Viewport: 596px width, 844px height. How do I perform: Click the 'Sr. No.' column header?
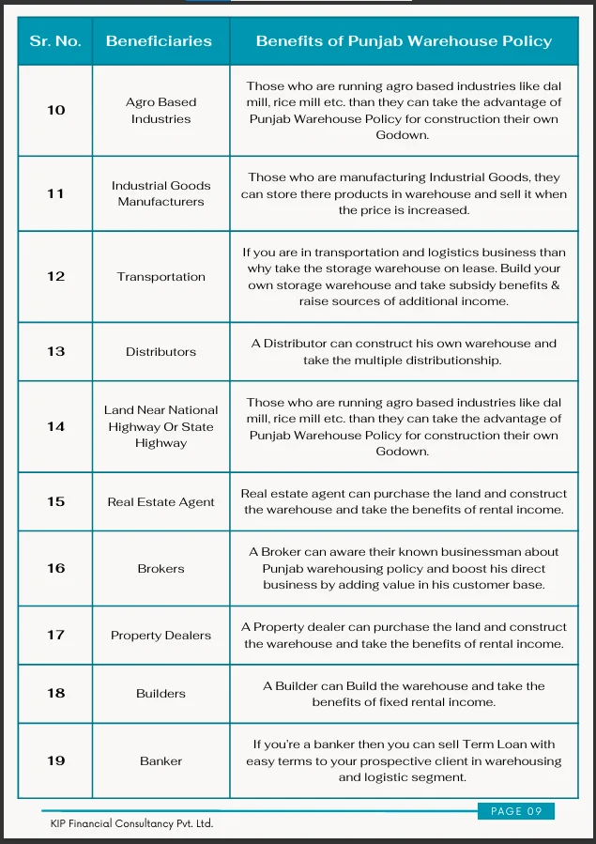pyautogui.click(x=55, y=41)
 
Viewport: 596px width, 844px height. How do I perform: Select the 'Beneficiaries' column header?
pyautogui.click(x=159, y=41)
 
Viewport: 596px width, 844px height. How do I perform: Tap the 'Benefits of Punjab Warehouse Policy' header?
pyautogui.click(x=404, y=41)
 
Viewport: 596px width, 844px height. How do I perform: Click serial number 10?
pyautogui.click(x=56, y=110)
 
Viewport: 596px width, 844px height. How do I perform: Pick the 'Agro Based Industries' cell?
pyautogui.click(x=160, y=111)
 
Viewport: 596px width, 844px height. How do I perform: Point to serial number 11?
pyautogui.click(x=56, y=193)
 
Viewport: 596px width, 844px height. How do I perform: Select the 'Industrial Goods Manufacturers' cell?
pyautogui.click(x=160, y=193)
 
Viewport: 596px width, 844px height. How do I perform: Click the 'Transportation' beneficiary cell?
pyautogui.click(x=160, y=277)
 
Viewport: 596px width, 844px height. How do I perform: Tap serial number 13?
pyautogui.click(x=56, y=351)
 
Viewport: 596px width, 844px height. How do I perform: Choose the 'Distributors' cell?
pyautogui.click(x=160, y=352)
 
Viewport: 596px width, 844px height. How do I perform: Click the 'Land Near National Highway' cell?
pyautogui.click(x=160, y=426)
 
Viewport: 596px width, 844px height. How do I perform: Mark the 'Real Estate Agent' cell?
pyautogui.click(x=160, y=502)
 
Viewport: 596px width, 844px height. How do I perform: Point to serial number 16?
pyautogui.click(x=56, y=568)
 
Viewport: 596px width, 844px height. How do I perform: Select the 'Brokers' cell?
pyautogui.click(x=160, y=569)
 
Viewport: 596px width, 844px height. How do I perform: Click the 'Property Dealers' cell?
pyautogui.click(x=160, y=636)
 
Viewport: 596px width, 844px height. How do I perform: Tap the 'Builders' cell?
pyautogui.click(x=160, y=694)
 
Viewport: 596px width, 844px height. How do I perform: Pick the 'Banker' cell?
pyautogui.click(x=160, y=761)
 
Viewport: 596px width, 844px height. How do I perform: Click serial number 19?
pyautogui.click(x=56, y=760)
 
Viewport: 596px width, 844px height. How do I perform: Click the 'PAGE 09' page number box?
pyautogui.click(x=515, y=811)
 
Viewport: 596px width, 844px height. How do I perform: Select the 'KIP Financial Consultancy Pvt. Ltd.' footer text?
pyautogui.click(x=131, y=823)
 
